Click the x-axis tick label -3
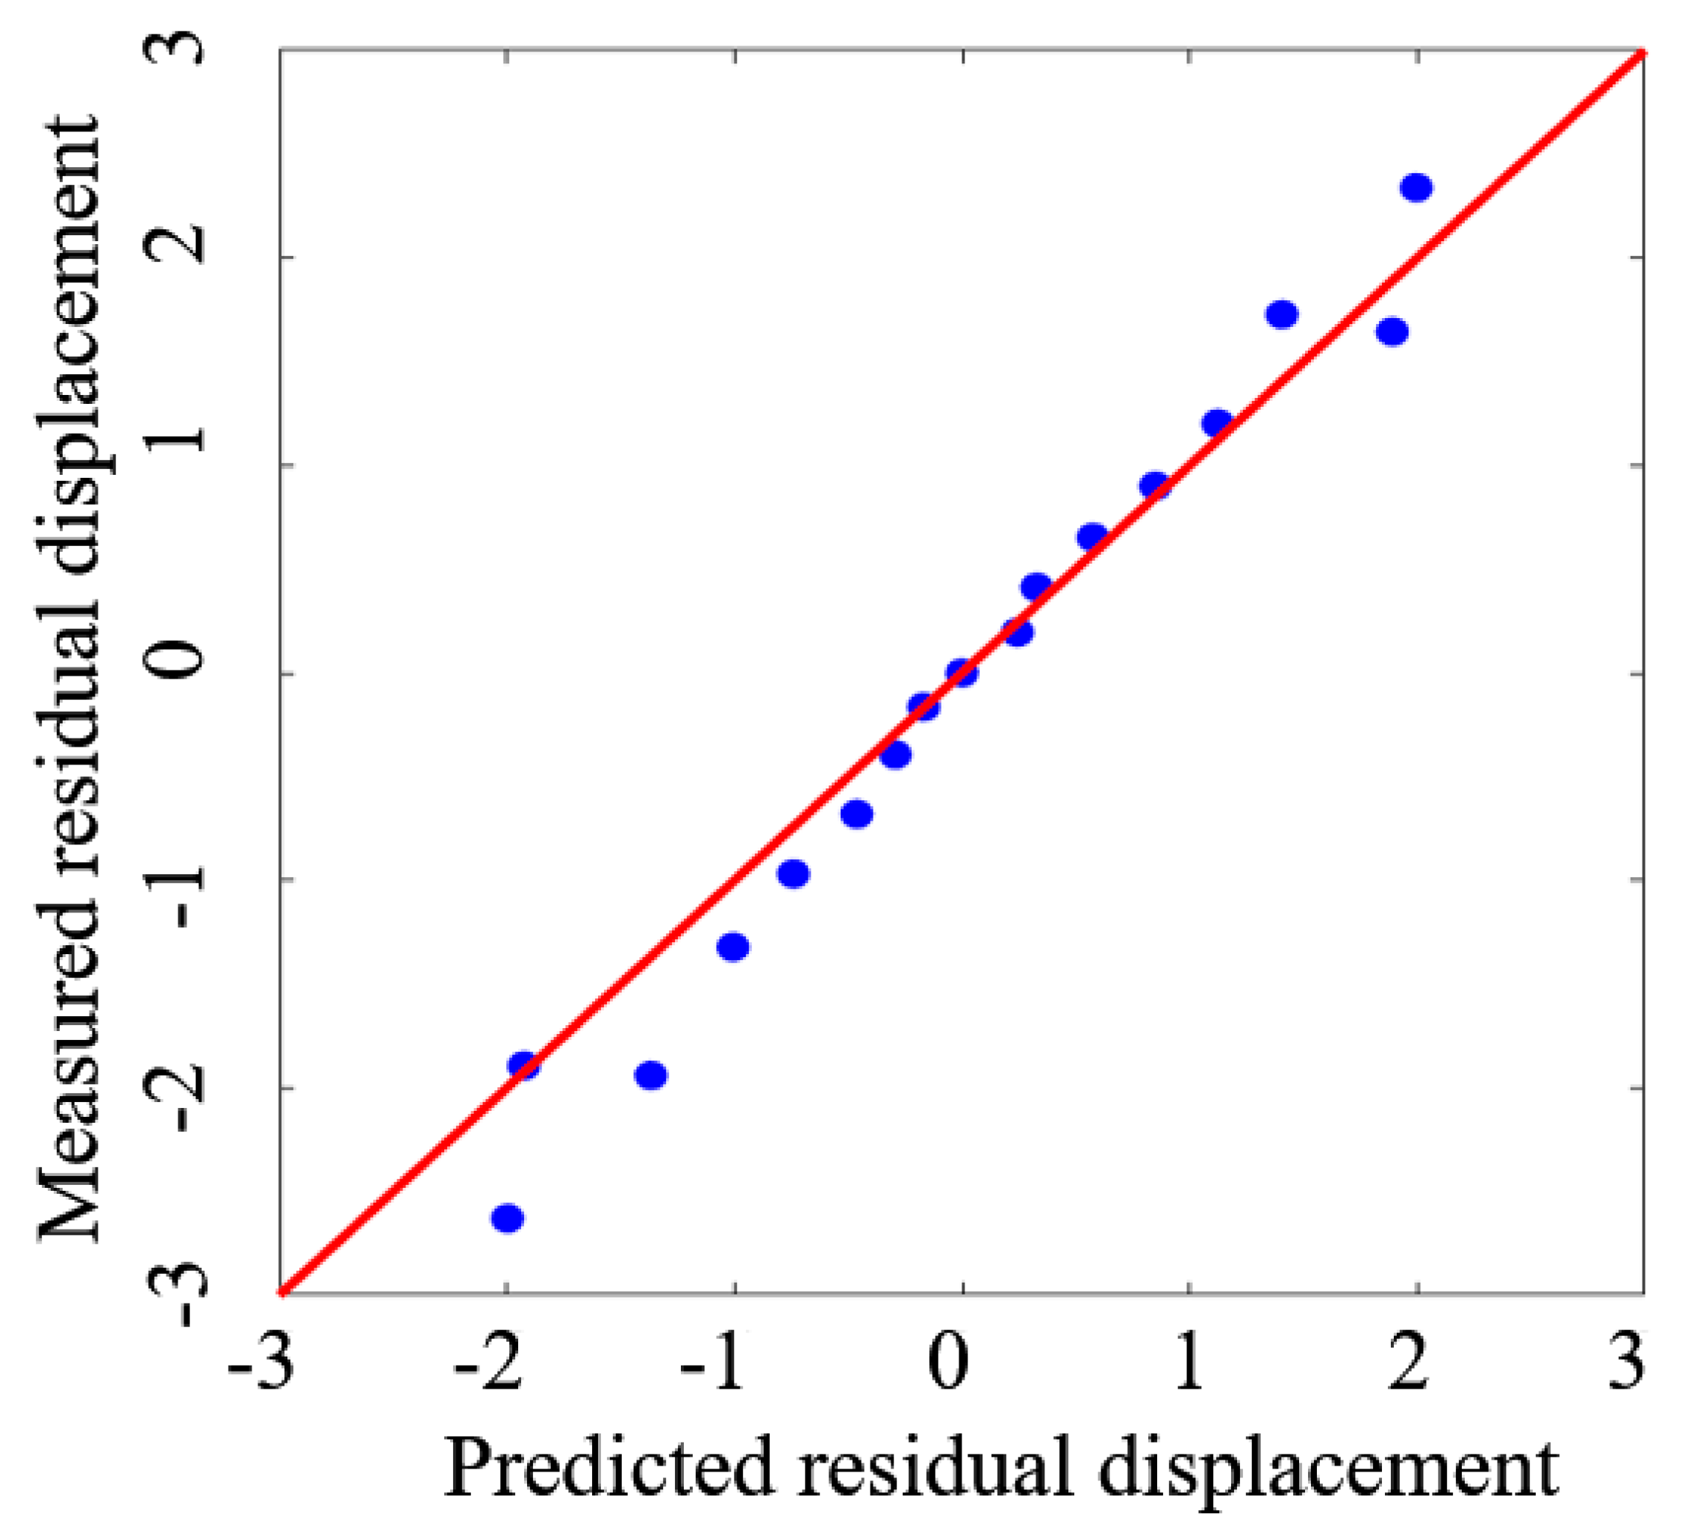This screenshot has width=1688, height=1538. [x=261, y=1366]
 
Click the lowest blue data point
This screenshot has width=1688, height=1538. [x=508, y=1218]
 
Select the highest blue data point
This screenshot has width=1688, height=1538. [x=1416, y=187]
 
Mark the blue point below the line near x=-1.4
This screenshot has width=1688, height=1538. [x=650, y=1075]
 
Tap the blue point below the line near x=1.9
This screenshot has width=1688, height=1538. [x=1392, y=332]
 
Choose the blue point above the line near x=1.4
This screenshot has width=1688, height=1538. [x=1282, y=315]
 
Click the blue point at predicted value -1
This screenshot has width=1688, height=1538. [x=733, y=947]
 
